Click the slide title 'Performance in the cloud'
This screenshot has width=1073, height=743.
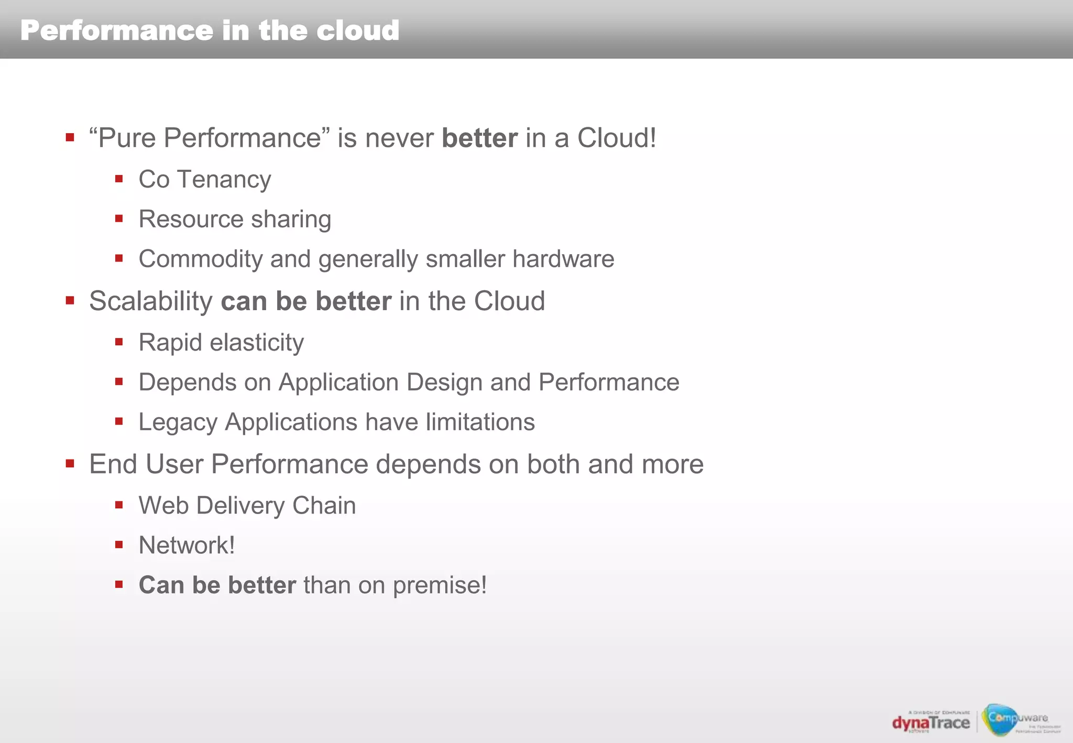pos(210,30)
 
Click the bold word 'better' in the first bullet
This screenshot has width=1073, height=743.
pos(479,138)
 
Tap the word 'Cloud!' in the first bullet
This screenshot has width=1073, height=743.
pos(616,138)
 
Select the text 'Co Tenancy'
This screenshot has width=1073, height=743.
pos(204,180)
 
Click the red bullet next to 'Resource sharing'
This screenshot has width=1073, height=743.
pos(119,218)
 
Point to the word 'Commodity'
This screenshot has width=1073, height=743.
pos(200,259)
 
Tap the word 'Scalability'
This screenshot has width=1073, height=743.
pos(150,301)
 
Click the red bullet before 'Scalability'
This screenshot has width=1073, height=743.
pos(70,301)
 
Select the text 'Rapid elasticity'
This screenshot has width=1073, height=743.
pos(221,343)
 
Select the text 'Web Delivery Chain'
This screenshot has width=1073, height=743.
pos(247,506)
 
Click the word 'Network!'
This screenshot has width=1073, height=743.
pos(187,545)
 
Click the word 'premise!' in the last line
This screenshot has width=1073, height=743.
pos(440,585)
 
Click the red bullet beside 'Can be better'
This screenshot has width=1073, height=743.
pos(119,584)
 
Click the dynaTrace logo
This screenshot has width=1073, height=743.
pos(931,723)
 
